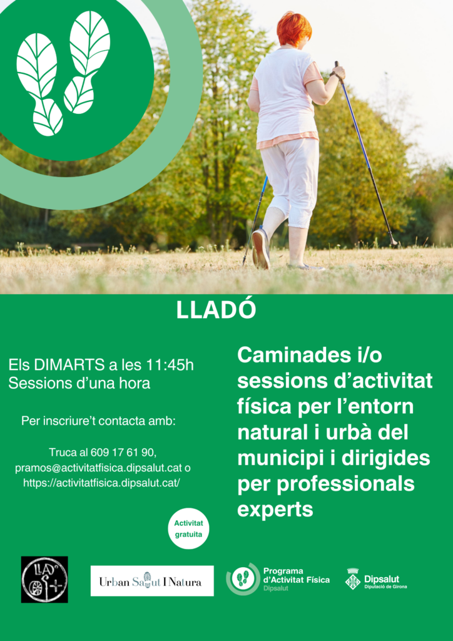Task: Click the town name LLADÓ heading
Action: (216, 310)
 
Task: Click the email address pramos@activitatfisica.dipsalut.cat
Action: (99, 468)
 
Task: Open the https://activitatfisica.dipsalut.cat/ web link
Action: (102, 483)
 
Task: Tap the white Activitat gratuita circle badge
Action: (188, 528)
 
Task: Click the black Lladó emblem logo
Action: (44, 579)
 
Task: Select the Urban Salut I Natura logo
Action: (152, 581)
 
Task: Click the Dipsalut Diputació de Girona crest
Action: (353, 578)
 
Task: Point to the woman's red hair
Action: (294, 28)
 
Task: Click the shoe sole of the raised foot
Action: (260, 249)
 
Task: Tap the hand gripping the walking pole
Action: (338, 74)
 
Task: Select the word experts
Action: (275, 510)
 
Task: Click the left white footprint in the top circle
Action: (39, 85)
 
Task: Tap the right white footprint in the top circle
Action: (86, 62)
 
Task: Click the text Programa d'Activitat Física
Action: (297, 575)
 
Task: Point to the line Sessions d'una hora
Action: (79, 384)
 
